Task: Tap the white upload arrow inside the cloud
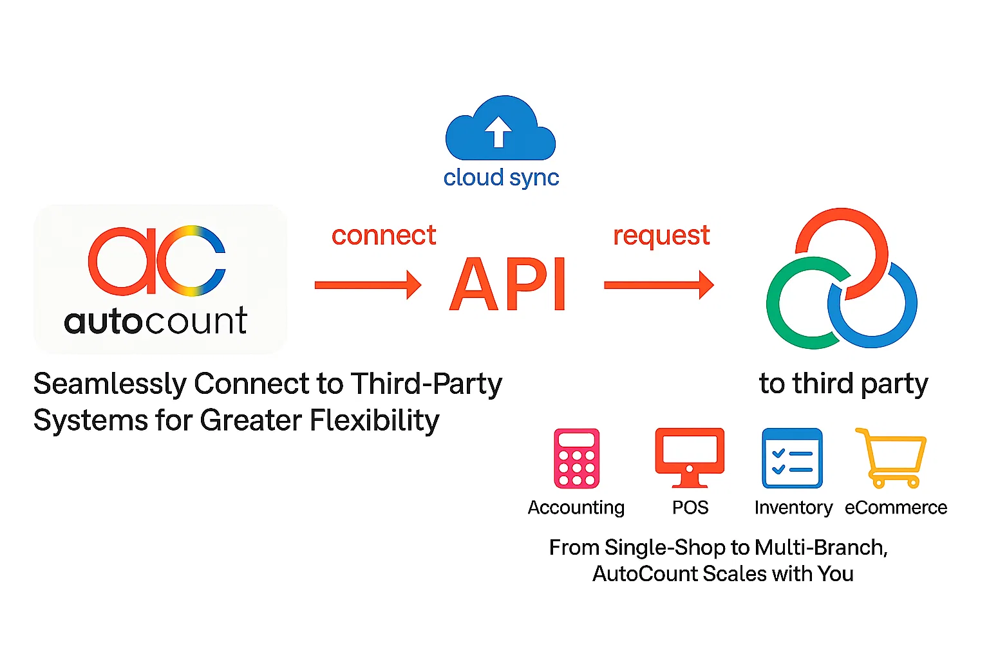[498, 131]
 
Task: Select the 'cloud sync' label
[501, 178]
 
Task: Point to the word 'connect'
[384, 236]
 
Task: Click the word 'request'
[661, 236]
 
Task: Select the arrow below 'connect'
[368, 285]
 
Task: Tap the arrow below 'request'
[659, 285]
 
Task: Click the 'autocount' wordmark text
[156, 320]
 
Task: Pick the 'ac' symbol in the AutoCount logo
[157, 260]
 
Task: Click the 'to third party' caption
[843, 384]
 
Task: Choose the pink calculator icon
[577, 459]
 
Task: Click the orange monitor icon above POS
[690, 458]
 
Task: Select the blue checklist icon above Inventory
[792, 459]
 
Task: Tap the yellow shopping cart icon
[892, 458]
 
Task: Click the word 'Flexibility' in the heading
[375, 421]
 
